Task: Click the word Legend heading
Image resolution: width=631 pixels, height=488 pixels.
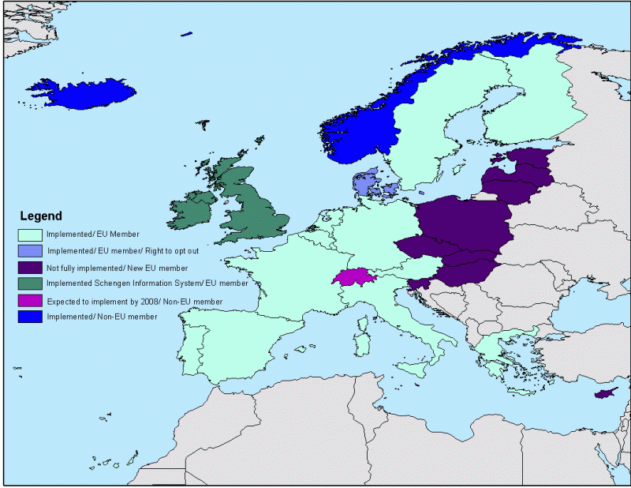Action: click(x=40, y=216)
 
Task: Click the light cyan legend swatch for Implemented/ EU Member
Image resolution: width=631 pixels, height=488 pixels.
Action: click(x=31, y=235)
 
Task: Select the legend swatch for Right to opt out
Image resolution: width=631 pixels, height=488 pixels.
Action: click(x=31, y=250)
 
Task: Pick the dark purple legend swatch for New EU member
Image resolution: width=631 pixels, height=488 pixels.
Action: click(x=31, y=267)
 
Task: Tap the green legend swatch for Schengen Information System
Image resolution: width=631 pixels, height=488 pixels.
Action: click(x=31, y=283)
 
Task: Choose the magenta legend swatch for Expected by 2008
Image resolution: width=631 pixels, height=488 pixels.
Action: click(x=31, y=300)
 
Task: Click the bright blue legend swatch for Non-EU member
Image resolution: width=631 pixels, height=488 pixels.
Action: click(x=31, y=316)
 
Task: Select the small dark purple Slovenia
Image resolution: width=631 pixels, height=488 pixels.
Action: click(x=419, y=283)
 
